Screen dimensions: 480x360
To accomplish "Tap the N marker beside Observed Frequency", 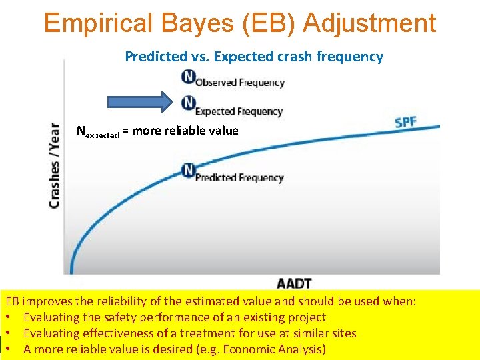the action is (x=189, y=78).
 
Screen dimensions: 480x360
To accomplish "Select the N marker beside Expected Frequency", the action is (x=189, y=103).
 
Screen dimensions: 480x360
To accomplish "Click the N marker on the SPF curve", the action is (x=189, y=169).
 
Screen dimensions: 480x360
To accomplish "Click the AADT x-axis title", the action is (x=294, y=283).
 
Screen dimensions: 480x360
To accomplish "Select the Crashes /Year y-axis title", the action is (x=55, y=165).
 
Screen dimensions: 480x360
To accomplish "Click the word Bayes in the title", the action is (x=195, y=23).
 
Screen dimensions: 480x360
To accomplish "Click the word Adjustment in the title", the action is (x=369, y=23).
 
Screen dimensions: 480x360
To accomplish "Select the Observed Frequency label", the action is (x=240, y=83).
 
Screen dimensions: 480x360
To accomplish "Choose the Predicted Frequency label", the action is (x=239, y=178).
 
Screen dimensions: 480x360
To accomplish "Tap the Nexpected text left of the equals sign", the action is (x=97, y=131).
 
